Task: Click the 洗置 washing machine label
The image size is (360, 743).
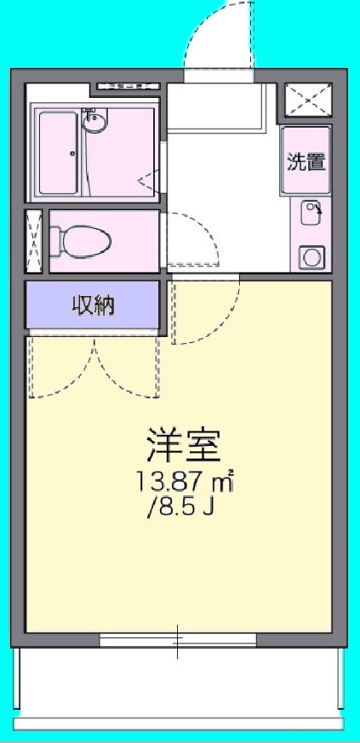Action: (x=306, y=161)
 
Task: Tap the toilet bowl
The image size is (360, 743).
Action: (x=81, y=241)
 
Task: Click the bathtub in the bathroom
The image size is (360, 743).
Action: (x=59, y=152)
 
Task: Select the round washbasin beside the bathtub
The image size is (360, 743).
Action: (x=95, y=122)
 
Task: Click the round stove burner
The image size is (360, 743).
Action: (x=311, y=256)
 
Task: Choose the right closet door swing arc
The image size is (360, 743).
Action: (x=128, y=368)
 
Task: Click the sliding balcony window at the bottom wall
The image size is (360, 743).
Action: (x=178, y=640)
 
